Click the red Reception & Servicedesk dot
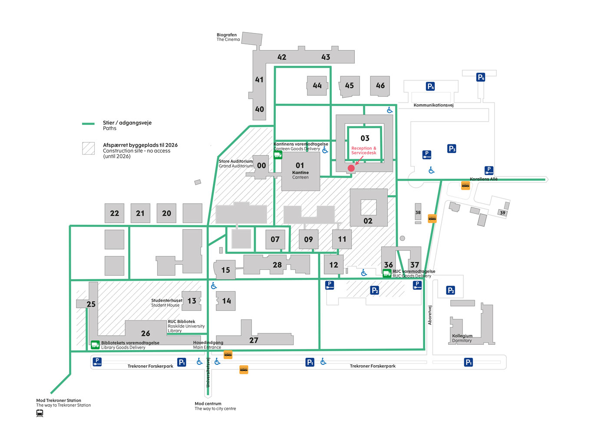[x=351, y=168]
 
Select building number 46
[x=380, y=86]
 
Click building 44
[x=317, y=86]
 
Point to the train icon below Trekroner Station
[x=40, y=413]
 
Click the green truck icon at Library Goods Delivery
[x=95, y=345]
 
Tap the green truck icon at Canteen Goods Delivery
[x=278, y=154]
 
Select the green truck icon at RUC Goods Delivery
[x=387, y=273]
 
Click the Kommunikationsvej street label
[x=433, y=105]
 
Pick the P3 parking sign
[x=452, y=149]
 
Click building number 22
[x=115, y=213]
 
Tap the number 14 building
[x=226, y=301]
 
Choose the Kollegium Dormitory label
[x=462, y=338]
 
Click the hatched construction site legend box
[x=89, y=148]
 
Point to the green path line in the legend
[x=88, y=123]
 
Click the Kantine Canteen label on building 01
[x=301, y=175]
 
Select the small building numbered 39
[x=502, y=213]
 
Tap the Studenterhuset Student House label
[x=166, y=303]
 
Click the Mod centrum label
[x=208, y=403]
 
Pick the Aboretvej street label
[x=430, y=315]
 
